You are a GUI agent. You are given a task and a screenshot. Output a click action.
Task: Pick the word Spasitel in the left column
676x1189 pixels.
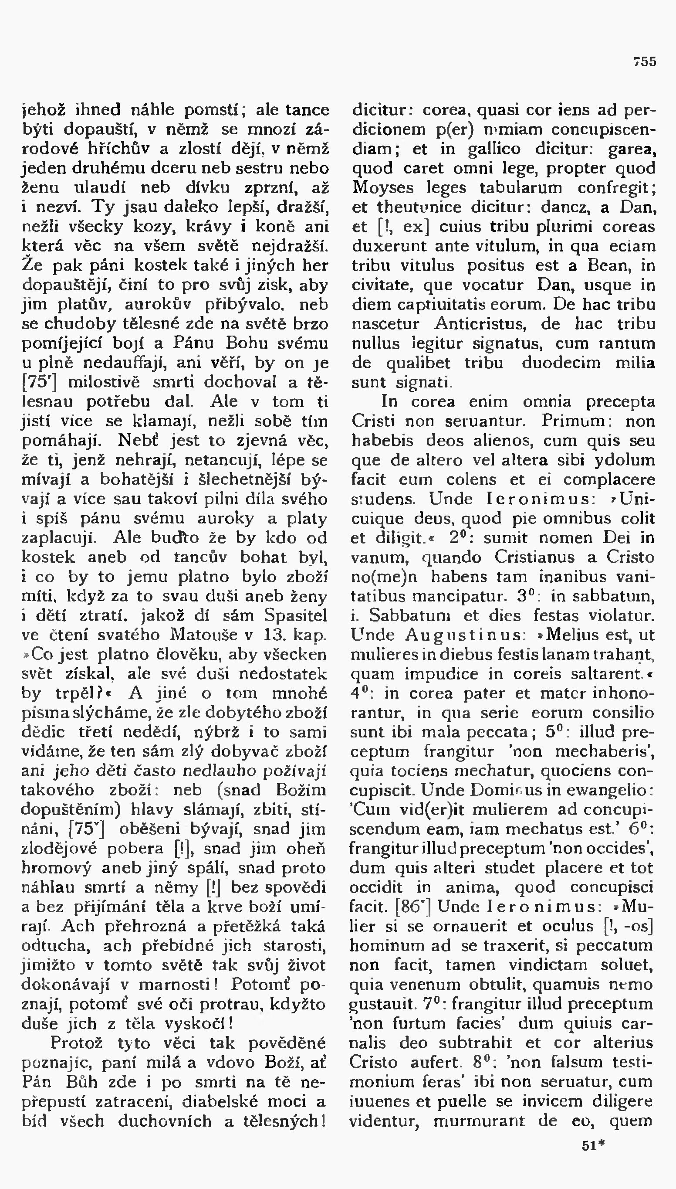tap(295, 616)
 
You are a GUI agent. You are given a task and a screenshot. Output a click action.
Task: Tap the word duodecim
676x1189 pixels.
tap(561, 363)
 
